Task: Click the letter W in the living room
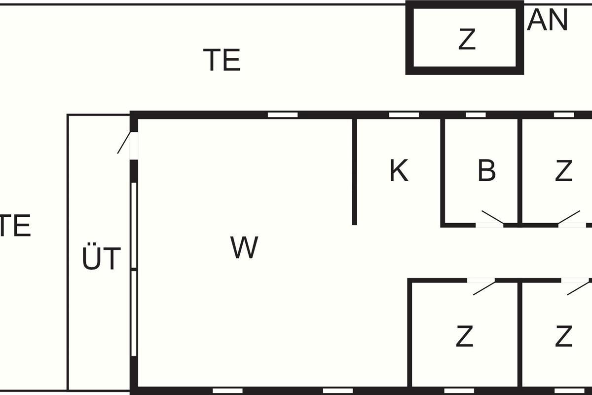pyautogui.click(x=244, y=247)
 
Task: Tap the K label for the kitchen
pyautogui.click(x=399, y=170)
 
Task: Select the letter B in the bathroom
pyautogui.click(x=487, y=170)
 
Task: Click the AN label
pyautogui.click(x=547, y=20)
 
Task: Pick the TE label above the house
pyautogui.click(x=222, y=60)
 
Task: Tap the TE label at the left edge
pyautogui.click(x=15, y=225)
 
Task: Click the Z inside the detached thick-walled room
pyautogui.click(x=467, y=39)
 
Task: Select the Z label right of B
pyautogui.click(x=564, y=170)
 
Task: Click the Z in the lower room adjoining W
pyautogui.click(x=464, y=336)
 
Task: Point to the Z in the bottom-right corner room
pyautogui.click(x=564, y=336)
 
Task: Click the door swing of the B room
pyautogui.click(x=492, y=217)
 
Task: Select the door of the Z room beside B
pyautogui.click(x=569, y=217)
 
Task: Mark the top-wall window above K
pyautogui.click(x=404, y=115)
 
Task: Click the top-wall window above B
pyautogui.click(x=476, y=115)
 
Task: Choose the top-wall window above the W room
pyautogui.click(x=283, y=115)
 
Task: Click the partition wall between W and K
pyautogui.click(x=354, y=172)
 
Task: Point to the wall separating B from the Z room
pyautogui.click(x=519, y=172)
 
